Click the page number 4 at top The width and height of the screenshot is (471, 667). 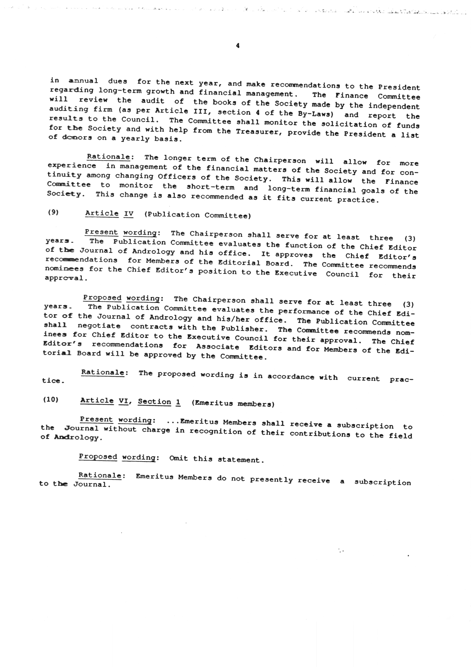pyautogui.click(x=238, y=46)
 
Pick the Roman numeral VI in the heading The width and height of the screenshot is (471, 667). pyautogui.click(x=123, y=401)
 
